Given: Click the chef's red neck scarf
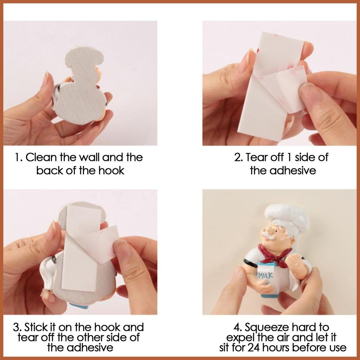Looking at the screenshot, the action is click(x=275, y=255).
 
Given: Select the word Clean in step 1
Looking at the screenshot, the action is click(x=41, y=157).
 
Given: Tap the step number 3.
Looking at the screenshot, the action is click(x=16, y=327).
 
